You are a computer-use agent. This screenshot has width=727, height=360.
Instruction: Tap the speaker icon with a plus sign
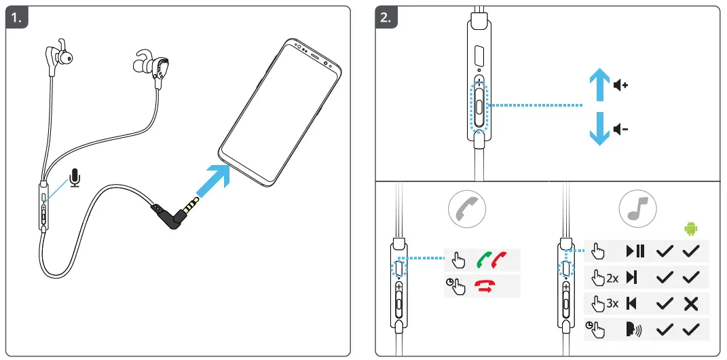point(620,86)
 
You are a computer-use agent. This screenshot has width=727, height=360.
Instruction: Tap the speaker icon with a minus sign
point(620,128)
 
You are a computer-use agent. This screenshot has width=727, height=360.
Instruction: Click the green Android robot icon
point(691,229)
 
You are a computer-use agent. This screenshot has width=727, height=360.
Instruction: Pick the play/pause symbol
point(635,251)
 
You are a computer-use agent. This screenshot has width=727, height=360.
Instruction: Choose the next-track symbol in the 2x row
point(632,277)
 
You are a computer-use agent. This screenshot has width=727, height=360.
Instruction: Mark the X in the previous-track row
point(691,304)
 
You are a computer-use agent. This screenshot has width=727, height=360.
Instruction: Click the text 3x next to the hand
point(612,304)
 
